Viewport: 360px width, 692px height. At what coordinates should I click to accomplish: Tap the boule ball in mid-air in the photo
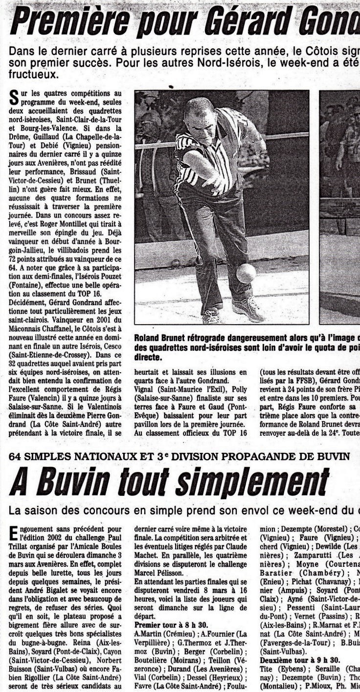pyautogui.click(x=246, y=273)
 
